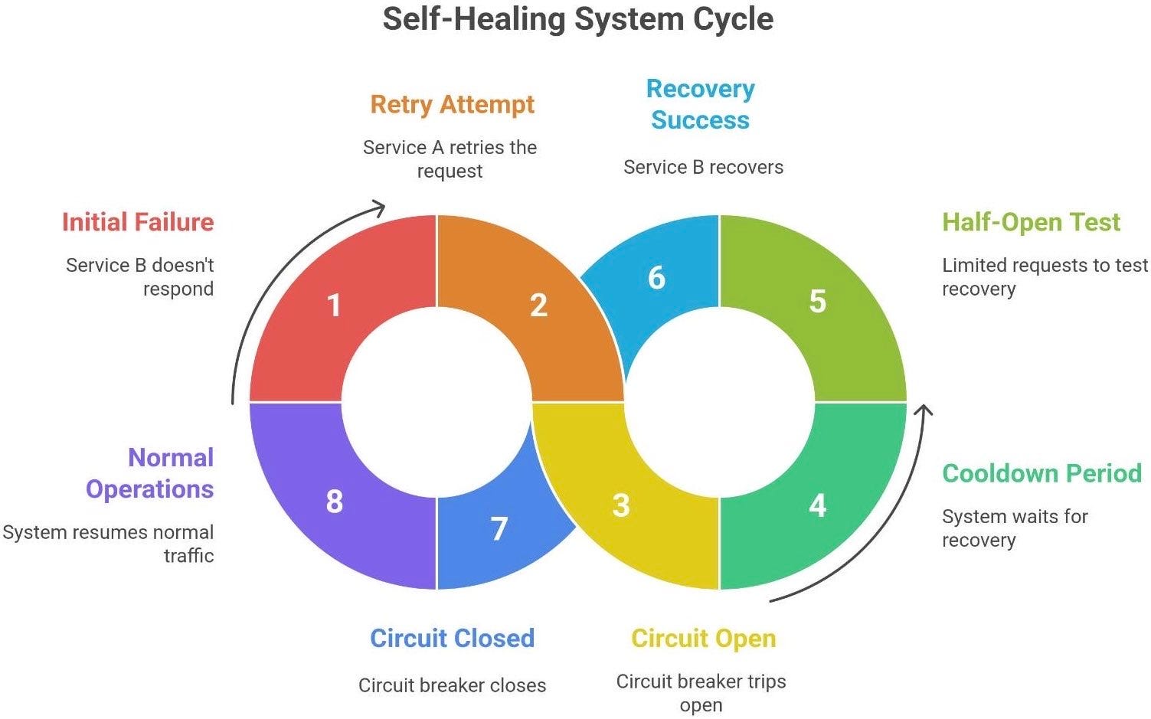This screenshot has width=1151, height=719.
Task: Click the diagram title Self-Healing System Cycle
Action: click(577, 19)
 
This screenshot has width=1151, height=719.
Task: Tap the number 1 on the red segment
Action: click(334, 306)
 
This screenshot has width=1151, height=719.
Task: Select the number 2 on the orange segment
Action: click(538, 306)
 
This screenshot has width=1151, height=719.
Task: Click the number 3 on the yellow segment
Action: click(620, 505)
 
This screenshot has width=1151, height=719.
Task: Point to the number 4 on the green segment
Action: click(817, 505)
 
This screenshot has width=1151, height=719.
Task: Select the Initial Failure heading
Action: click(138, 222)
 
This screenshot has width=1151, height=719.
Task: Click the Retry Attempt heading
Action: click(452, 104)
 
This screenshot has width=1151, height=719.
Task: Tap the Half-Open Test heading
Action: click(1031, 222)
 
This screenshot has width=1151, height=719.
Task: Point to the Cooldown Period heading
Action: click(1041, 473)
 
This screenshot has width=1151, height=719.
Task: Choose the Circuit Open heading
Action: click(703, 638)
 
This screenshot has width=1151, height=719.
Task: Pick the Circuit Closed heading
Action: click(452, 638)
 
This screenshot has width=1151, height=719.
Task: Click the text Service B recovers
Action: click(703, 167)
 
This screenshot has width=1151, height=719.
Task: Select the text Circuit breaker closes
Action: click(452, 685)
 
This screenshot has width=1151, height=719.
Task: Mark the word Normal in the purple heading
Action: click(170, 457)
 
